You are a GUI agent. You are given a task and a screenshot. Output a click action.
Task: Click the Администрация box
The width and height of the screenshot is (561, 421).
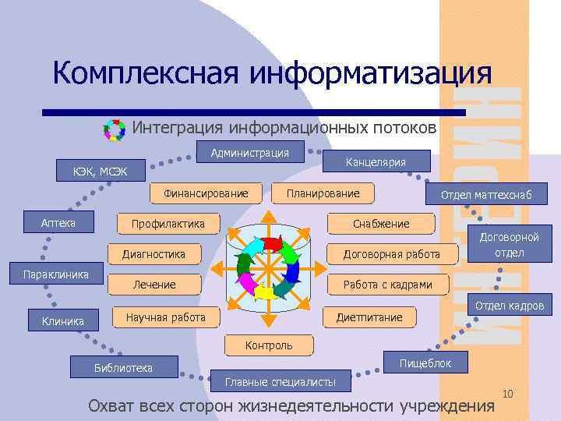pyautogui.click(x=249, y=153)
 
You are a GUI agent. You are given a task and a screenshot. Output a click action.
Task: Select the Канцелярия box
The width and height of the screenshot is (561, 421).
pyautogui.click(x=376, y=161)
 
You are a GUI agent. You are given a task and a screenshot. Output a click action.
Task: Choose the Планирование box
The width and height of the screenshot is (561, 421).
pyautogui.click(x=323, y=193)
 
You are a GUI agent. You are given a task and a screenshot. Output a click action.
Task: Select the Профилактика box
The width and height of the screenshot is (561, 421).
pyautogui.click(x=168, y=225)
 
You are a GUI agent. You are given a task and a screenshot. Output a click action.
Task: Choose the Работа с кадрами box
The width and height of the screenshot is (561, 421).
pyautogui.click(x=387, y=285)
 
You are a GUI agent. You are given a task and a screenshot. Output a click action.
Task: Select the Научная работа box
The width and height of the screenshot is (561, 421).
pyautogui.click(x=165, y=317)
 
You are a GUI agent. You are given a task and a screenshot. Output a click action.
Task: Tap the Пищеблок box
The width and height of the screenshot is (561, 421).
pyautogui.click(x=425, y=363)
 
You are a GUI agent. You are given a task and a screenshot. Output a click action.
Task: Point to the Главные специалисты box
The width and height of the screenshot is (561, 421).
pyautogui.click(x=280, y=381)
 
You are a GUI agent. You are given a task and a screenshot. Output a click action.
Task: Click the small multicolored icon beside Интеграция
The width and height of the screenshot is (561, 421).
pyautogui.click(x=115, y=129)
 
